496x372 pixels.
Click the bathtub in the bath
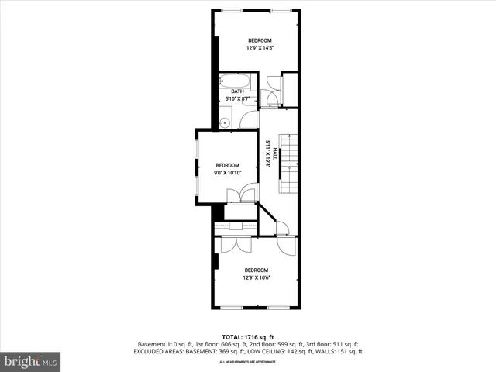tap(235, 81)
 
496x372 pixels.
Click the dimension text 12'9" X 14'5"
tap(260, 48)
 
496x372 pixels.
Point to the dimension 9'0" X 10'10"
tap(228, 173)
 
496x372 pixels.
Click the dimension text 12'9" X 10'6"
tap(256, 277)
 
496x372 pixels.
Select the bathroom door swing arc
tap(250, 119)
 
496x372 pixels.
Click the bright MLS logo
tap(31, 361)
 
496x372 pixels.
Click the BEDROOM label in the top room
tap(260, 40)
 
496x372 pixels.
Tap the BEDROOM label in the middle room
tap(228, 165)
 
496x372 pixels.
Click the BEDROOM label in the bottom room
tap(256, 270)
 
